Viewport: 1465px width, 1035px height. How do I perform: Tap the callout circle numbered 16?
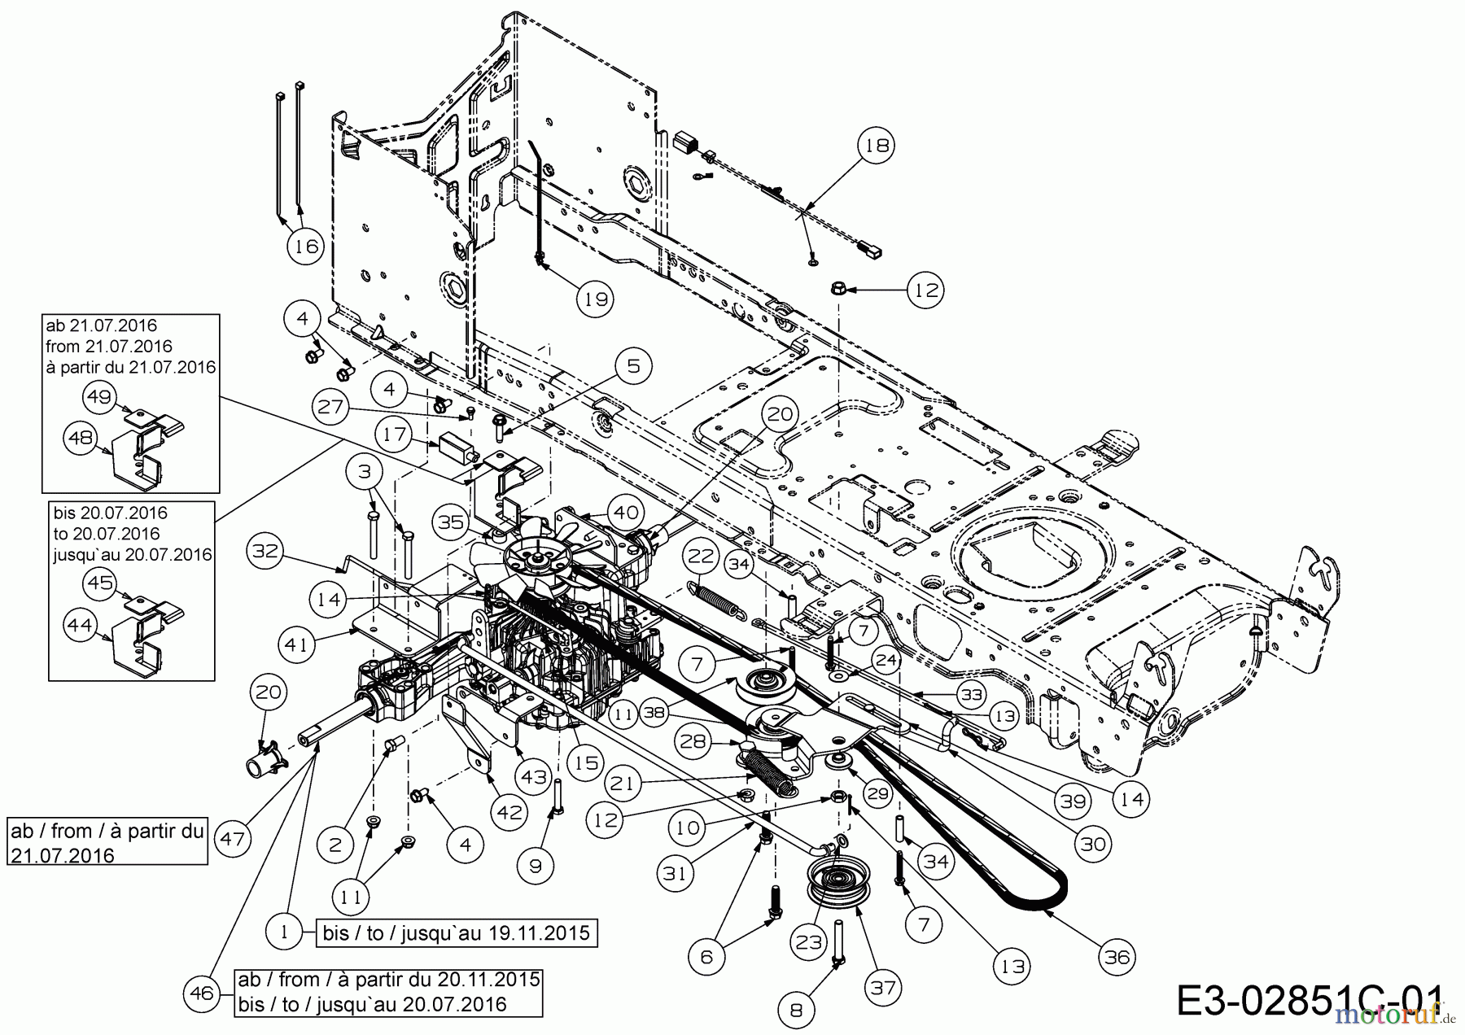(x=305, y=245)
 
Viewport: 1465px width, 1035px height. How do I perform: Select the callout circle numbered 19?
(x=596, y=299)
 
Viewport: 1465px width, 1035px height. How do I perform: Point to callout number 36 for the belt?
(x=1117, y=958)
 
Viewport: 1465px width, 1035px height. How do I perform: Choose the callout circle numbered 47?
(x=233, y=838)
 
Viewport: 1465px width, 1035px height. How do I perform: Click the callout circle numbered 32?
(x=265, y=551)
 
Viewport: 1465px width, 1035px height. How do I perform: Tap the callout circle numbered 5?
(x=633, y=366)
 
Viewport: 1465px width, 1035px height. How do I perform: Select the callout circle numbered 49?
(x=99, y=396)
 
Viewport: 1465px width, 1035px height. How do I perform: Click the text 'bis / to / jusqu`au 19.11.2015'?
(x=456, y=932)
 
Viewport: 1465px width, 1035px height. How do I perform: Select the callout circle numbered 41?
(x=296, y=644)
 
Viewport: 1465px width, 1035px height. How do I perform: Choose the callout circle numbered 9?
(x=535, y=866)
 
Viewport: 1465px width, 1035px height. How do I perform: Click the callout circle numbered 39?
(x=1074, y=801)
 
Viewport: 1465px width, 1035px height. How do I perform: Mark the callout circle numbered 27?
(x=331, y=406)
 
